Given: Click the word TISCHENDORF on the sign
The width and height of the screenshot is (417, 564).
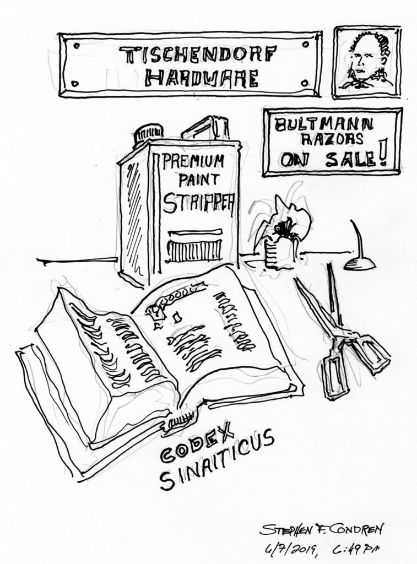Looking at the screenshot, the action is click(x=198, y=56).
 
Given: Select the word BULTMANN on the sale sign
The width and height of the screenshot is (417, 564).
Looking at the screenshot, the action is click(x=323, y=125).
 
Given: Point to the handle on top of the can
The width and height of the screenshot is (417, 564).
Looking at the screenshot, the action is click(x=205, y=128).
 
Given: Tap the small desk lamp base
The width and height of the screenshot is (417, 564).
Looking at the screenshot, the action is click(x=359, y=264).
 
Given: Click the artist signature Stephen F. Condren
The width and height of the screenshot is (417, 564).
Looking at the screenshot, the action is click(x=321, y=530).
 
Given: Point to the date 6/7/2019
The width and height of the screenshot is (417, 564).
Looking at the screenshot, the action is click(x=291, y=549).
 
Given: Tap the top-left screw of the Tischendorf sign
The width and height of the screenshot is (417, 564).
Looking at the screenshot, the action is click(x=76, y=46).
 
